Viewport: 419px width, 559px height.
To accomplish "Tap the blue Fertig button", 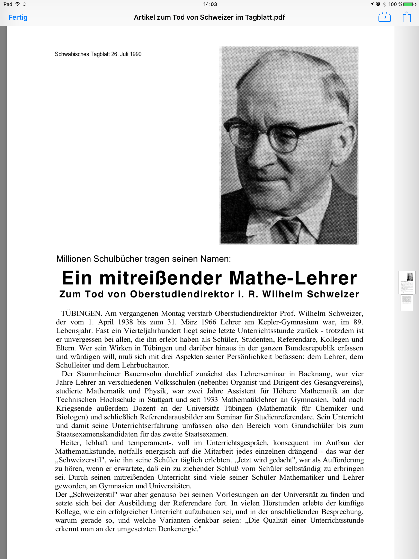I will click(x=18, y=17).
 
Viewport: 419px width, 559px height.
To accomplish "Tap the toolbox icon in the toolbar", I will click(x=384, y=17).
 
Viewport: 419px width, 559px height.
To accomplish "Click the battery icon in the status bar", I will click(x=408, y=4).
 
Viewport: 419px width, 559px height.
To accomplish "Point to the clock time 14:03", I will click(x=210, y=4).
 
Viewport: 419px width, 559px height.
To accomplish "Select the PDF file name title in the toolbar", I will click(x=209, y=17).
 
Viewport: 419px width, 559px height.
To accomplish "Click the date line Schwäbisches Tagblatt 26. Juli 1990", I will click(x=98, y=54).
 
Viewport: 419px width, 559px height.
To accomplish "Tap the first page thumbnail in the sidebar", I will click(x=407, y=283).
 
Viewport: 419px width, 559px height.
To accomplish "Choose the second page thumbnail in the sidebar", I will click(x=407, y=302).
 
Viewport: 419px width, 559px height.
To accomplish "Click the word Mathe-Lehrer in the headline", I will click(x=293, y=278).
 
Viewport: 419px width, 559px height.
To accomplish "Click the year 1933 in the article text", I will click(x=210, y=400).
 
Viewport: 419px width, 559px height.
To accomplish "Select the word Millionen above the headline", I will click(x=74, y=259).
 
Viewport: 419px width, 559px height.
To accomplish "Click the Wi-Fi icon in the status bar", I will click(x=17, y=4).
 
